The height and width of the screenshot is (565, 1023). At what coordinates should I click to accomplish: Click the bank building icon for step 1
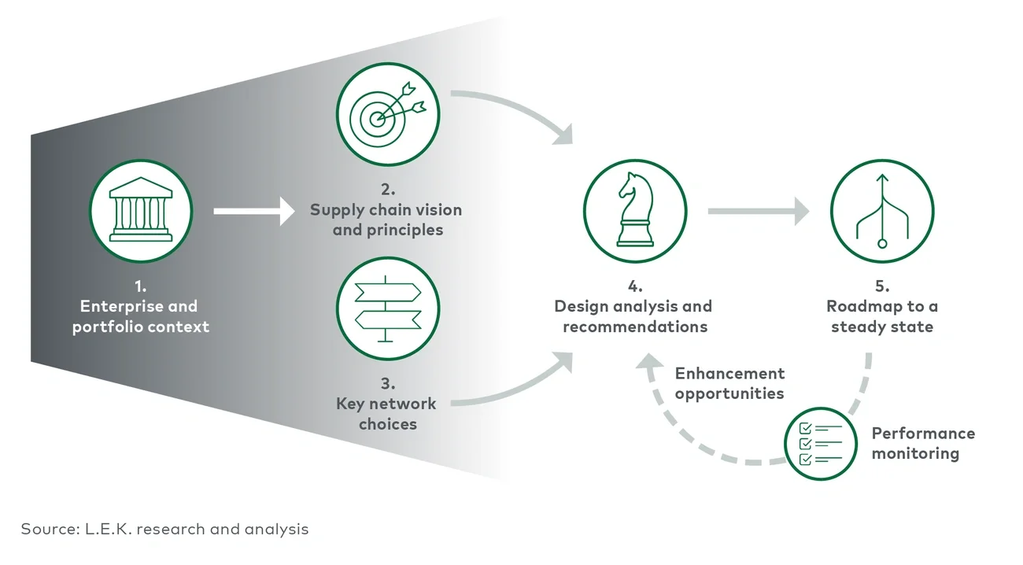(140, 211)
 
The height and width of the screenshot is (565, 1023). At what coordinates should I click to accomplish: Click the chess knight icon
(634, 211)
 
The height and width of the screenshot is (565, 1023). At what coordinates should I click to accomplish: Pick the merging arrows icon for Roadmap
(881, 211)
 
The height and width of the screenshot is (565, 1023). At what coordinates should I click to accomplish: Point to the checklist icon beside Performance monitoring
(820, 442)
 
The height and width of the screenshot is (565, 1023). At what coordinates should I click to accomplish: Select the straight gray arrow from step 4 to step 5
(758, 211)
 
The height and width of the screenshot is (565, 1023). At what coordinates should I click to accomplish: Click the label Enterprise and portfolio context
(141, 316)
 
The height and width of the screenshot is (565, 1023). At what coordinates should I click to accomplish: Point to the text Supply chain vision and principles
(386, 220)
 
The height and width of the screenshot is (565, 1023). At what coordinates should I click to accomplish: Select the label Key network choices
(386, 413)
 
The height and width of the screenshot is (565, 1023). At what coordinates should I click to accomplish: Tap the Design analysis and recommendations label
(633, 316)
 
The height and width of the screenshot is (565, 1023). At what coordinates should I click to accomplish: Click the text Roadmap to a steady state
(881, 316)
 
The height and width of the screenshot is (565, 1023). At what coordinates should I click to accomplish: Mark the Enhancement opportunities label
(729, 383)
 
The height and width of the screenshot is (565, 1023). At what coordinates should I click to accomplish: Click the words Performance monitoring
(922, 443)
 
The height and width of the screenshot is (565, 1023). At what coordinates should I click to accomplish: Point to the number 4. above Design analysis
(634, 286)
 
